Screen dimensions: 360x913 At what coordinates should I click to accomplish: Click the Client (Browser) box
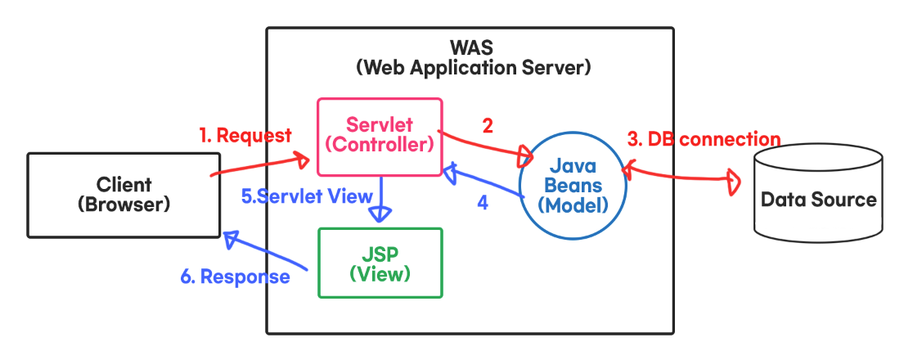[x=124, y=194]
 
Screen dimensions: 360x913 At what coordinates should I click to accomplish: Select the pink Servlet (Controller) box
[x=380, y=136]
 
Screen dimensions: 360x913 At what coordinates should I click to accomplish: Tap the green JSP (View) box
[x=380, y=262]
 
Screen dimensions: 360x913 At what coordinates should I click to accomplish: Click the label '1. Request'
[x=245, y=135]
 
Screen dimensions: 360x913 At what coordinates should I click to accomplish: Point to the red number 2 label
[x=488, y=125]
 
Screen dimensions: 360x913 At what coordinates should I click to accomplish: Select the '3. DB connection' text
[x=704, y=138]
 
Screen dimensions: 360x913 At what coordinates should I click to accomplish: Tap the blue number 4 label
[x=483, y=202]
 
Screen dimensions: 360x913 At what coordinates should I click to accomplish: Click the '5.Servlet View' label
[x=307, y=196]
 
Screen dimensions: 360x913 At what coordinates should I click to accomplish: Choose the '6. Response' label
[x=235, y=277]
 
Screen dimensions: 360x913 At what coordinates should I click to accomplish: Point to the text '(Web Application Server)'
[x=473, y=68]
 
